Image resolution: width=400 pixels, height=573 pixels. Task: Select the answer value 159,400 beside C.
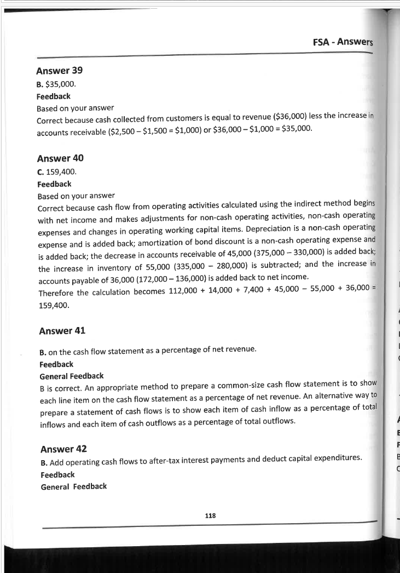click(61, 172)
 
